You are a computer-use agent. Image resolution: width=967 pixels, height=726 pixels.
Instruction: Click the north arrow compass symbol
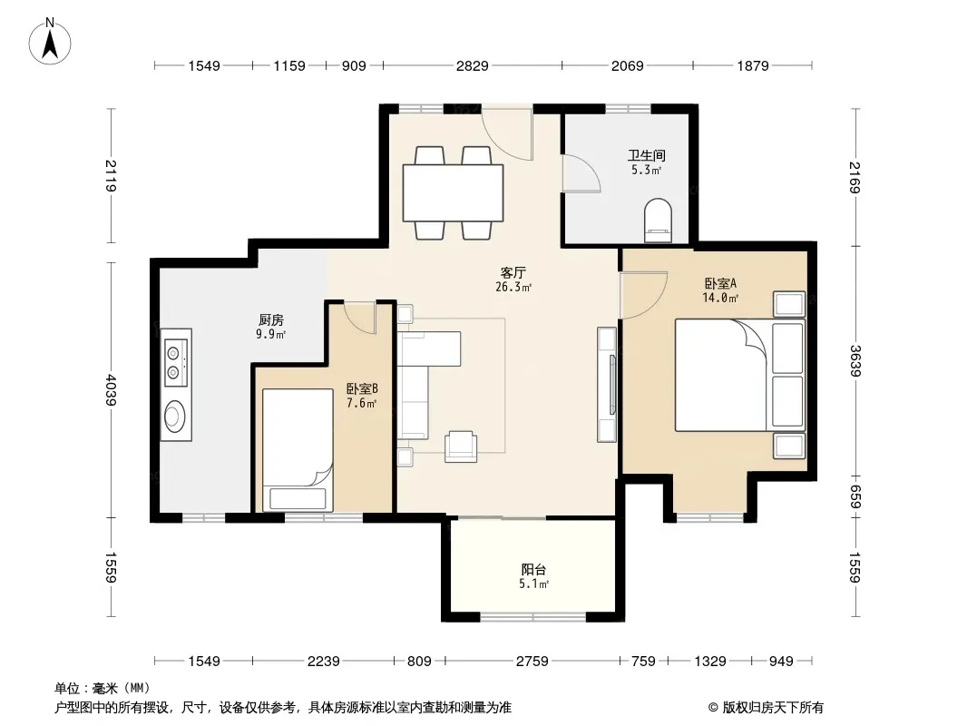pos(50,42)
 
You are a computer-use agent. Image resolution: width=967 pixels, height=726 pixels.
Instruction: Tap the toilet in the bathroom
pos(658,221)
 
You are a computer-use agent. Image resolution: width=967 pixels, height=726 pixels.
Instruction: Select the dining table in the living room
pos(453,192)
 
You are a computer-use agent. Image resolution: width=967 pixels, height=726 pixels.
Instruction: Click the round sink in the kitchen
pos(175,415)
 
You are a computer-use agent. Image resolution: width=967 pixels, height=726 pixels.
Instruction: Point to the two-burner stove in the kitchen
pos(174,363)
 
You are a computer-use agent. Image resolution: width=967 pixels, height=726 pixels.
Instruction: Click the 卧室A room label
pos(720,283)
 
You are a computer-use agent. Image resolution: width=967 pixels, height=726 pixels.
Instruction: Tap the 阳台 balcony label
pos(533,569)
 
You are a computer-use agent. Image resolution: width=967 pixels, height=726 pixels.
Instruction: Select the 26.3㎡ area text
pos(513,287)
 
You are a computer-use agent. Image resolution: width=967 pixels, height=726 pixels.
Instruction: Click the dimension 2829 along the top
pos(473,65)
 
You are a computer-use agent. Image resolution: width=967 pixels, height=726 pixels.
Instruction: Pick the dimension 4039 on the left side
pos(111,390)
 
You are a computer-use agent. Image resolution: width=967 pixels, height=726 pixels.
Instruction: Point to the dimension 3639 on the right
pos(855,361)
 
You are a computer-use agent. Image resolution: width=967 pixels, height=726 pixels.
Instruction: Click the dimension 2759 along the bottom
pos(532,662)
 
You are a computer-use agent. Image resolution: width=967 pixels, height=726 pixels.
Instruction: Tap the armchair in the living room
pos(461,446)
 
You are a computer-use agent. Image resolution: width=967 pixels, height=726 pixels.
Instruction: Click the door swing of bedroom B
pos(359,318)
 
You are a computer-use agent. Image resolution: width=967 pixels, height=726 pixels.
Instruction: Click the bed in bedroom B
pos(298,449)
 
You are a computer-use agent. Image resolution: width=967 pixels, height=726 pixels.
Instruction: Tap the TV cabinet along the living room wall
pos(607,384)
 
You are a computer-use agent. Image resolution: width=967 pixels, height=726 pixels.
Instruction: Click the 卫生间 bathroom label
pos(646,155)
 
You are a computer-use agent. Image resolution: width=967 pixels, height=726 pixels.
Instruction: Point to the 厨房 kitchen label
pos(271,319)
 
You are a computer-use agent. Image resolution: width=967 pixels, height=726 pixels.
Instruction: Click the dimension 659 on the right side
pos(855,497)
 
